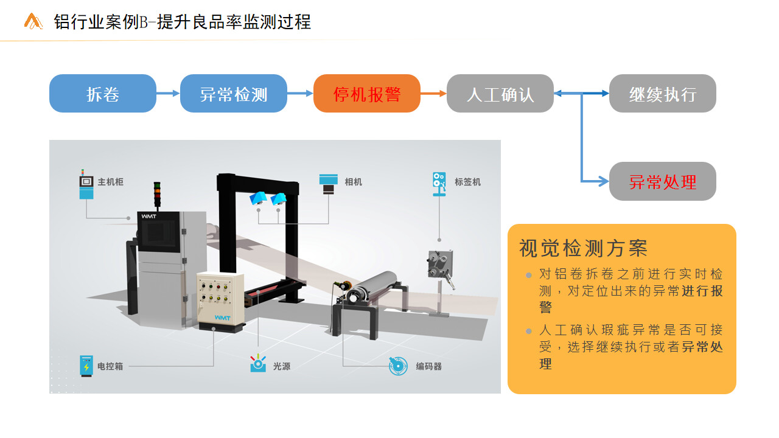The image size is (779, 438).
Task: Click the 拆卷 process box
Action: pyautogui.click(x=103, y=93)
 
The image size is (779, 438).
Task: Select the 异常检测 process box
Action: pyautogui.click(x=233, y=93)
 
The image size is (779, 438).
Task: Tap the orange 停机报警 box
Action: pyautogui.click(x=367, y=93)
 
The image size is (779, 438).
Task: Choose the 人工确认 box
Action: pyautogui.click(x=500, y=93)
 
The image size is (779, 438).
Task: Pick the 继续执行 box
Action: pyautogui.click(x=663, y=93)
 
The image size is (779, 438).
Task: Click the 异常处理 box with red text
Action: pyautogui.click(x=663, y=181)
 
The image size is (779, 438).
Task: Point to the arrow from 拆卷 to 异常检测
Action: pyautogui.click(x=168, y=93)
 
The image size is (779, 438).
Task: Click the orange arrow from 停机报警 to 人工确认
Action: pyautogui.click(x=433, y=93)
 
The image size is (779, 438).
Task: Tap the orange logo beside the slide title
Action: pyautogui.click(x=33, y=21)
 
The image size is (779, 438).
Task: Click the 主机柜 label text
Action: pyautogui.click(x=111, y=182)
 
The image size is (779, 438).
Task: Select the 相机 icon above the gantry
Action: pyautogui.click(x=328, y=184)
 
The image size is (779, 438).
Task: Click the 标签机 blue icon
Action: pyautogui.click(x=439, y=184)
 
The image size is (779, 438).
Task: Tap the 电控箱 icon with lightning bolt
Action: pyautogui.click(x=86, y=366)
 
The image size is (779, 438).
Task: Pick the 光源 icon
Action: pyautogui.click(x=258, y=363)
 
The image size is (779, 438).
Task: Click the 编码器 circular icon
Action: pyautogui.click(x=398, y=366)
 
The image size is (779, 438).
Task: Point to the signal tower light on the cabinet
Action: pyautogui.click(x=157, y=195)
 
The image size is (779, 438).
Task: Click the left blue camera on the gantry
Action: pyautogui.click(x=259, y=198)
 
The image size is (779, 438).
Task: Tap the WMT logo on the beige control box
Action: pyautogui.click(x=222, y=318)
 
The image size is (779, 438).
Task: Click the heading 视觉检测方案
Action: pyautogui.click(x=583, y=248)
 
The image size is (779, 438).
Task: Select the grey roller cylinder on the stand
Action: pyautogui.click(x=372, y=287)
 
